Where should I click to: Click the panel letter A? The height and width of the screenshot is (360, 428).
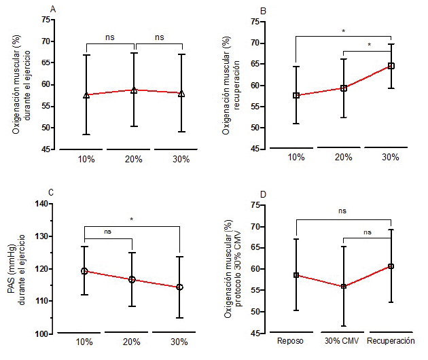coord(54,9)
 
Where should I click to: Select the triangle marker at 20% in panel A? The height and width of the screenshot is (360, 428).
coord(134,90)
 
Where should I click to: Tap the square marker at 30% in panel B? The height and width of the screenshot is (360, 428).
coord(391,66)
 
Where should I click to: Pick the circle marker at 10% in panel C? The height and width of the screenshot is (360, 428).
coord(84,271)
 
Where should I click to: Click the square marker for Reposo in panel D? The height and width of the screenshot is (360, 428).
coord(296,275)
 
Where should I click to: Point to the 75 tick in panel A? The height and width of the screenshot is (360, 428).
coord(45,20)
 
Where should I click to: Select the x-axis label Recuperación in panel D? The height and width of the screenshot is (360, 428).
coord(391,340)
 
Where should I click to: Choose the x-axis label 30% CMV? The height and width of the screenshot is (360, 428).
coord(343,340)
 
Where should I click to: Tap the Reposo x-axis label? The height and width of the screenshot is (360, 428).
coord(296,340)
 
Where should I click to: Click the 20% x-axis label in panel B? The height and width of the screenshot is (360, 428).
coord(344,157)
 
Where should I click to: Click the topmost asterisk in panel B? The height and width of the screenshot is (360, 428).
coord(344,31)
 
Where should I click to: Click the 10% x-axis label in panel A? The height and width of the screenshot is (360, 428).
coord(86,158)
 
